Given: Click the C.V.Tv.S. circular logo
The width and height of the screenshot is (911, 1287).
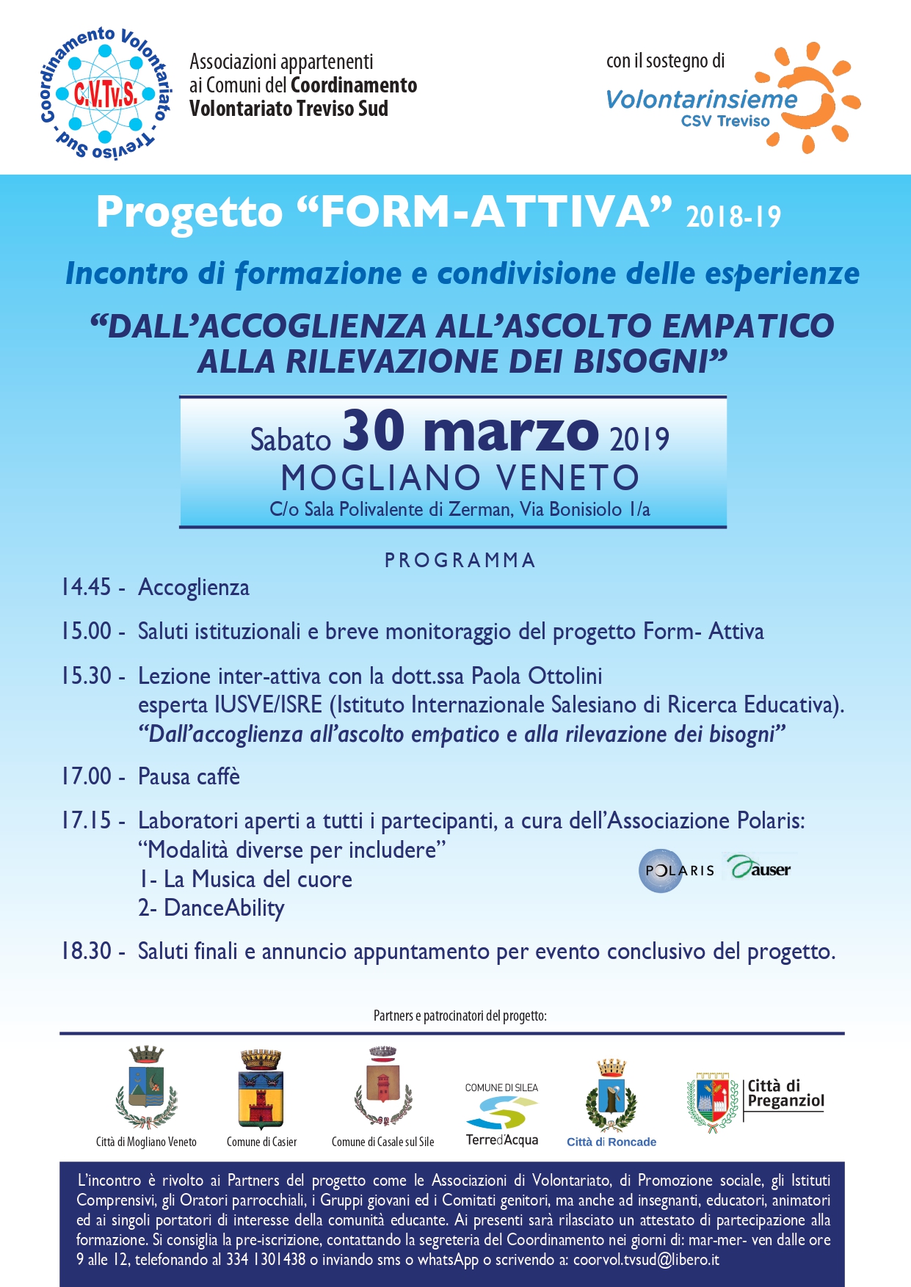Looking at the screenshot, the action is (x=104, y=94).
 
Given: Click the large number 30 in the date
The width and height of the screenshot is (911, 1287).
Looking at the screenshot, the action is (x=374, y=431).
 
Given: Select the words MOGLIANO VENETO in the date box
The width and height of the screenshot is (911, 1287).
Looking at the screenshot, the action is (x=460, y=478).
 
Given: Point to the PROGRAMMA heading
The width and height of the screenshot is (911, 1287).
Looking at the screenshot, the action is (x=460, y=561).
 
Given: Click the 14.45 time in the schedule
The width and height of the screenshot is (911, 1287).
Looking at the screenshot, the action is (x=86, y=587).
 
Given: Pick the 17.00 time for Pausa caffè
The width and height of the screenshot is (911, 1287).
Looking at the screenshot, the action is (x=86, y=776).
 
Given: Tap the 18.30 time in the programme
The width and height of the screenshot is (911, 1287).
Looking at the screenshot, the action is (x=86, y=951).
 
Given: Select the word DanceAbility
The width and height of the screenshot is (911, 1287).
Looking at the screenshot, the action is (x=224, y=908).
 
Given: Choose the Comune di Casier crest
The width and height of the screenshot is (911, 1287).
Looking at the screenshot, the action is (x=261, y=1089).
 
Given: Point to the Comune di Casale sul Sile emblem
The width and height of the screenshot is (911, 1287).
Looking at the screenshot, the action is (x=382, y=1086).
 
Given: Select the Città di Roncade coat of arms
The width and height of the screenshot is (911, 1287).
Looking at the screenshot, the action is (x=611, y=1096).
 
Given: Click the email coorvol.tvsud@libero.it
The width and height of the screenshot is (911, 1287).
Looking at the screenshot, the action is (x=646, y=1260).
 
